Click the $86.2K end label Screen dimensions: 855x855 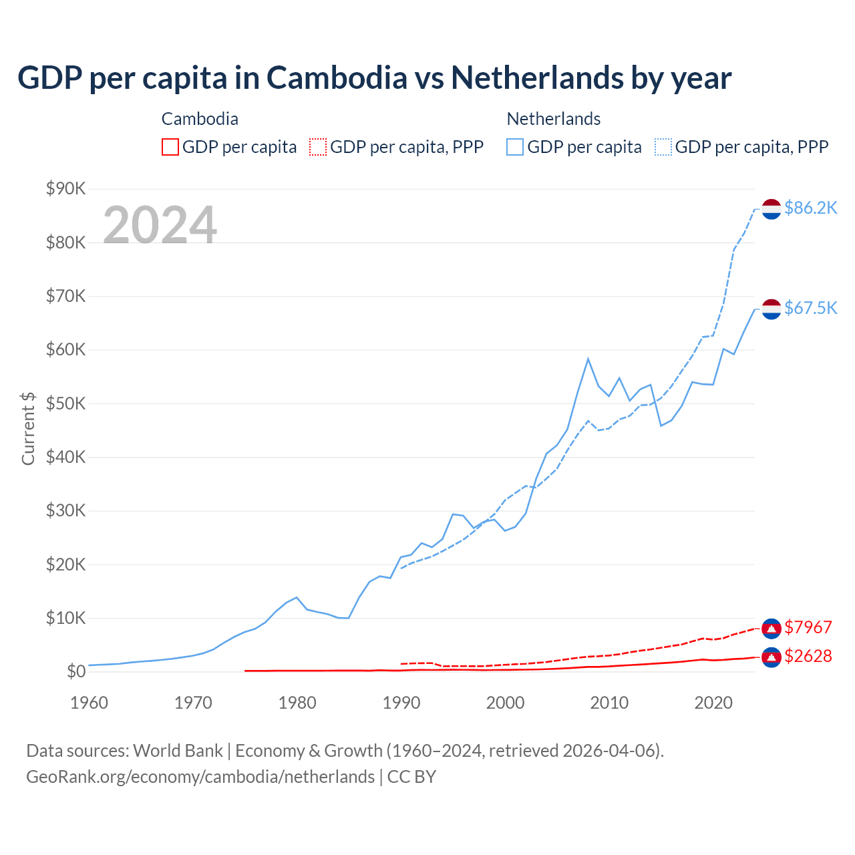[x=810, y=208]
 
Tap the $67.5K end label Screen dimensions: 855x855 [x=810, y=308]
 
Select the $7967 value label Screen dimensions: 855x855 [x=808, y=627]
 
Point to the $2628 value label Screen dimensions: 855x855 [x=808, y=656]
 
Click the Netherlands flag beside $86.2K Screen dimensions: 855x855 [x=772, y=208]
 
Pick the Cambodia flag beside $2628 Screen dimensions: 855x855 [x=772, y=657]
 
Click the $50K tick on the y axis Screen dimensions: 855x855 [x=66, y=403]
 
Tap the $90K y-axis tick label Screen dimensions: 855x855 [x=66, y=188]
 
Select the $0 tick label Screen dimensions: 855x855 [x=76, y=671]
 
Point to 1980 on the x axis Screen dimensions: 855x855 [x=297, y=703]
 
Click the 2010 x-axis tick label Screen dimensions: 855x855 [x=609, y=703]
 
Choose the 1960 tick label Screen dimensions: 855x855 [x=89, y=703]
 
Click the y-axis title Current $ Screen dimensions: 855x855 [x=28, y=428]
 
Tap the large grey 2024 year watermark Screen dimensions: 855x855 [x=160, y=225]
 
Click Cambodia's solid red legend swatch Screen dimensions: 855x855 [x=170, y=147]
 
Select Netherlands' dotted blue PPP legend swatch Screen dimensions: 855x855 [x=663, y=147]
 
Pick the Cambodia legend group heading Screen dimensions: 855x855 [x=200, y=119]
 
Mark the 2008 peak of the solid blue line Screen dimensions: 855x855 [x=588, y=359]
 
